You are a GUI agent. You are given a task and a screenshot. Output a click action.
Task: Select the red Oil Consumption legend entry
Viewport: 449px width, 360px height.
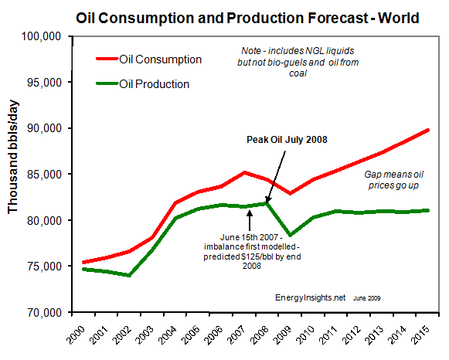[x=161, y=59]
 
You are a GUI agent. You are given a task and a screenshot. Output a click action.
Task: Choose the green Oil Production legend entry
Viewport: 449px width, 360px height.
[x=156, y=84]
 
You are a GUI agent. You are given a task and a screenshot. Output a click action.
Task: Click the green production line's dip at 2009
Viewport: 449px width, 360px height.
[x=291, y=234]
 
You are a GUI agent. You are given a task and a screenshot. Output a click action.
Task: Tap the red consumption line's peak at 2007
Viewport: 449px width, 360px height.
[x=244, y=172]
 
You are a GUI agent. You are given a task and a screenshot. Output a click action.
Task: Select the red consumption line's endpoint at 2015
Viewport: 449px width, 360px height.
[x=429, y=131]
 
